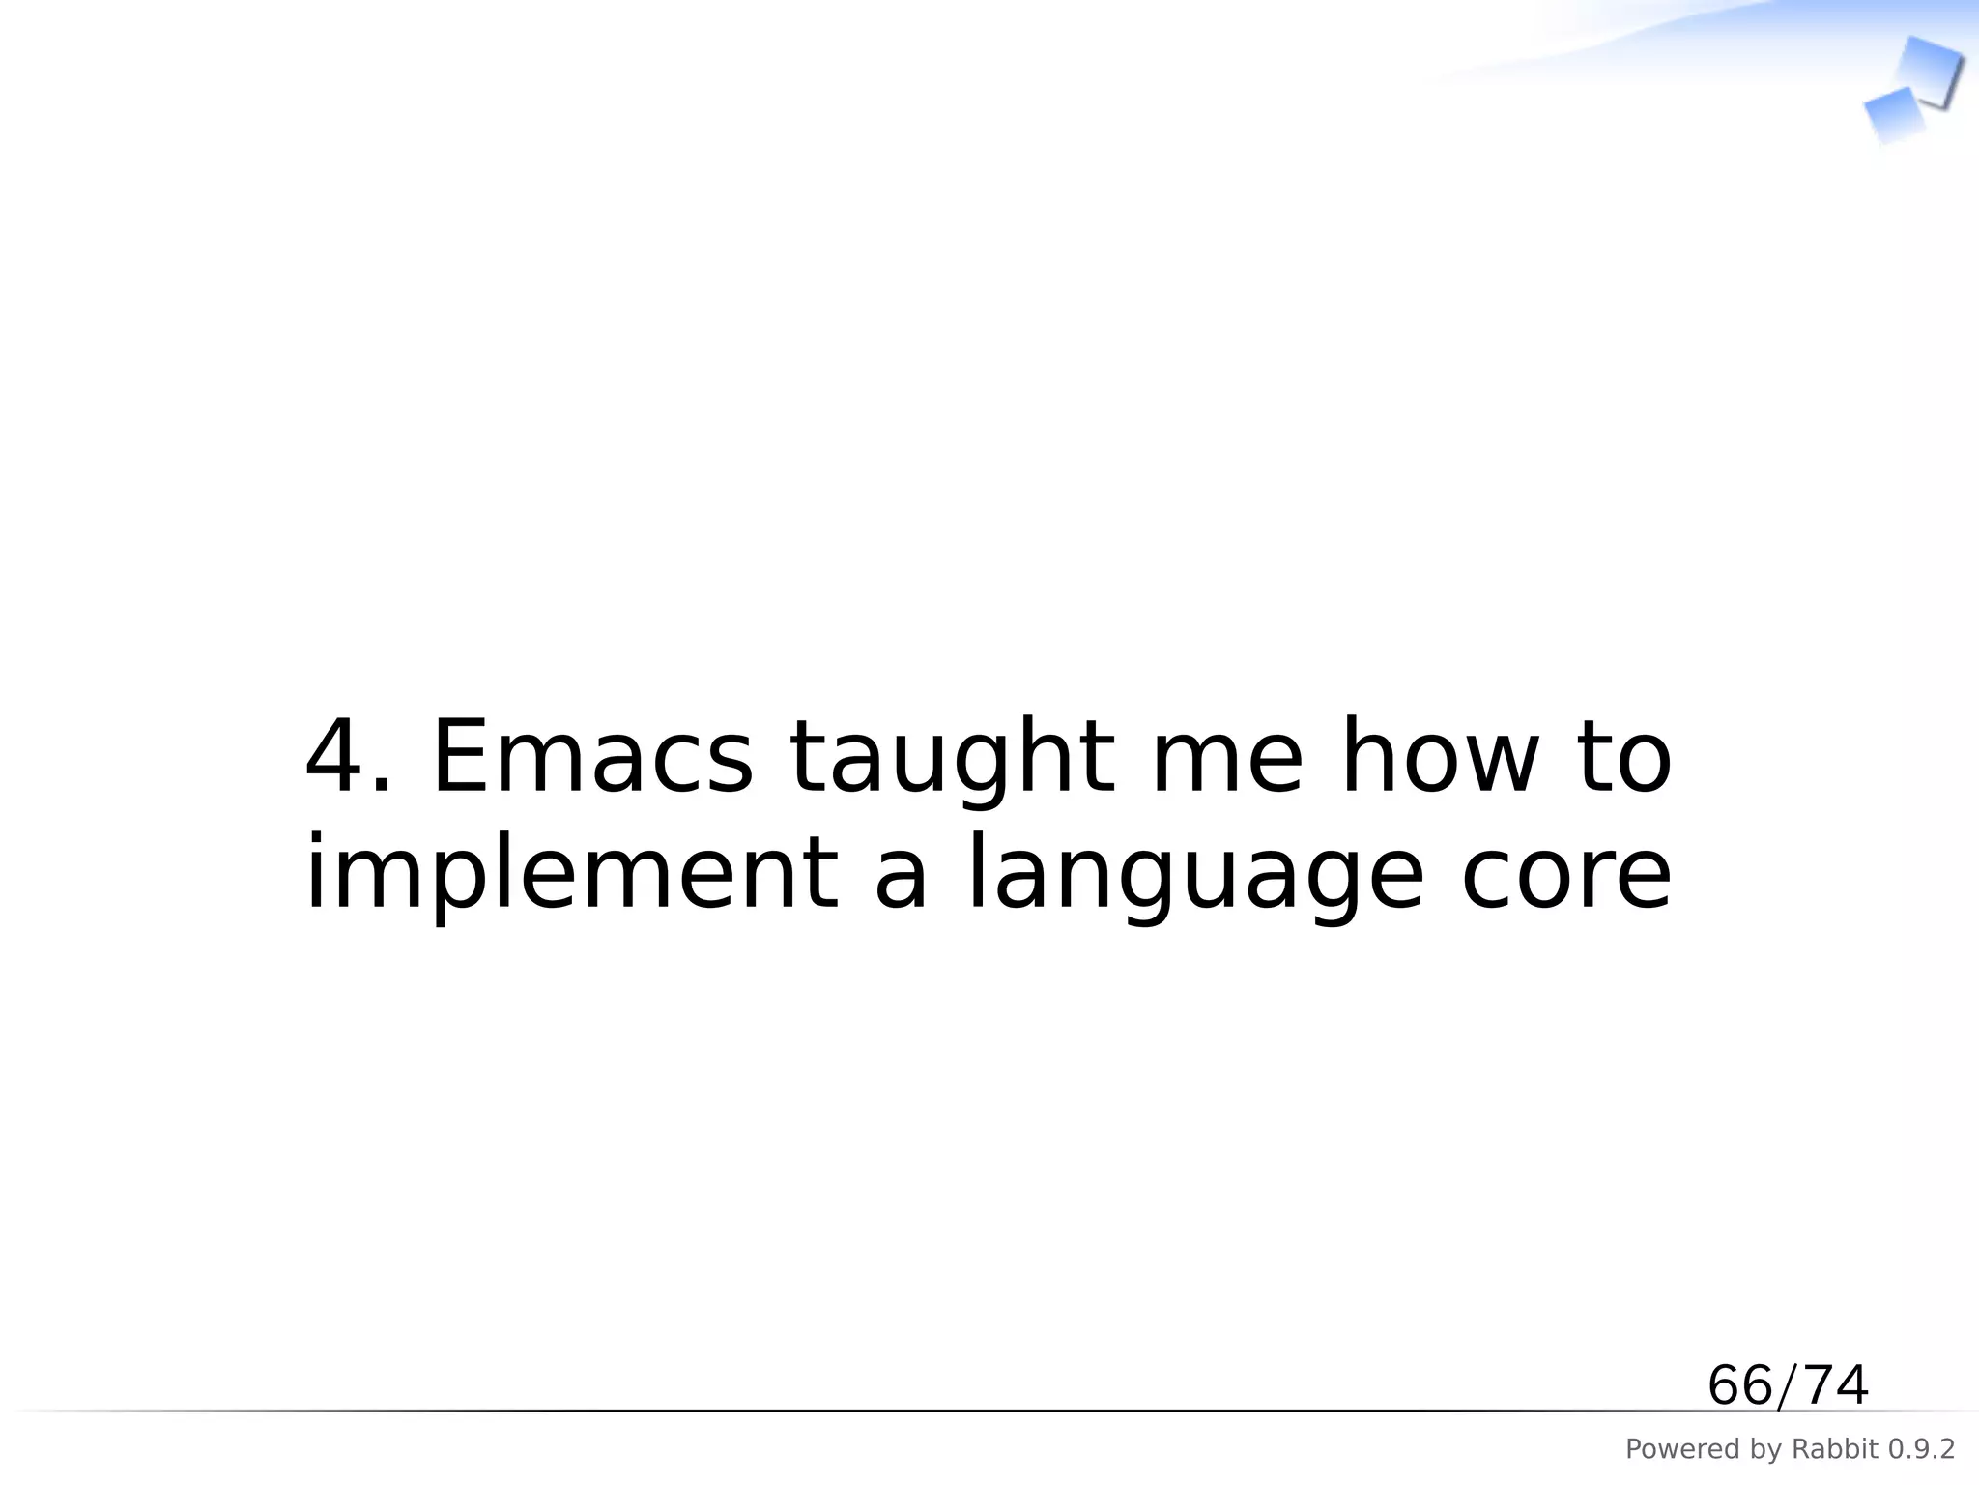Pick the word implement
(x=571, y=875)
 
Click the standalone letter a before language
(x=901, y=875)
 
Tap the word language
(x=1195, y=875)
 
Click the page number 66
(x=1740, y=1385)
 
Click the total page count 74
(x=1836, y=1385)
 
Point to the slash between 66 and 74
(x=1788, y=1385)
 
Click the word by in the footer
(x=1755, y=1449)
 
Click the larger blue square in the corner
(x=1929, y=70)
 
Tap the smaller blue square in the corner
(x=1892, y=115)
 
